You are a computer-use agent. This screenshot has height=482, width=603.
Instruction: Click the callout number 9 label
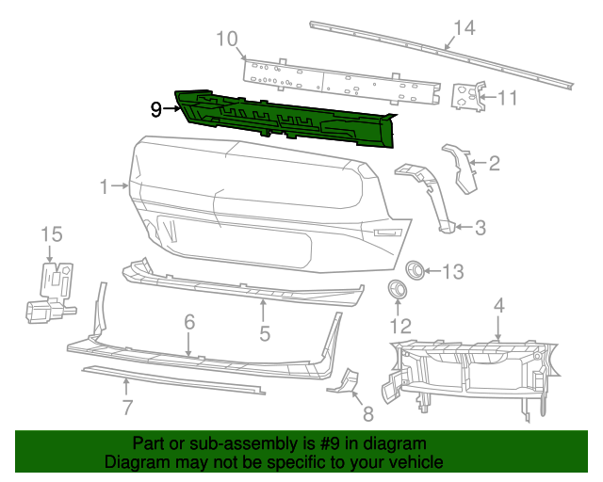(156, 109)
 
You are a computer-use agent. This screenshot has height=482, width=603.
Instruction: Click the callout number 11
(508, 97)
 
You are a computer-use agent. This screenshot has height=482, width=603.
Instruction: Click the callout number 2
(494, 164)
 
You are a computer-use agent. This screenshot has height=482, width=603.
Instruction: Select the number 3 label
(480, 227)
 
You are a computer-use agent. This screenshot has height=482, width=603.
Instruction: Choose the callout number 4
(498, 305)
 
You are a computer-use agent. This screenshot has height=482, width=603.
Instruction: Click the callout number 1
(105, 186)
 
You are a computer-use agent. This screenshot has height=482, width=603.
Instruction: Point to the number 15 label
(50, 233)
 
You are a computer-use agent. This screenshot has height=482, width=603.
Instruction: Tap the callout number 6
(189, 322)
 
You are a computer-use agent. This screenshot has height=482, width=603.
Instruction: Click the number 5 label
(265, 333)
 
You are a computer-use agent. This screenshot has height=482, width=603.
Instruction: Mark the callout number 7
(127, 408)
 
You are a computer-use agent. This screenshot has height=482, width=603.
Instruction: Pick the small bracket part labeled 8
(342, 379)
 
